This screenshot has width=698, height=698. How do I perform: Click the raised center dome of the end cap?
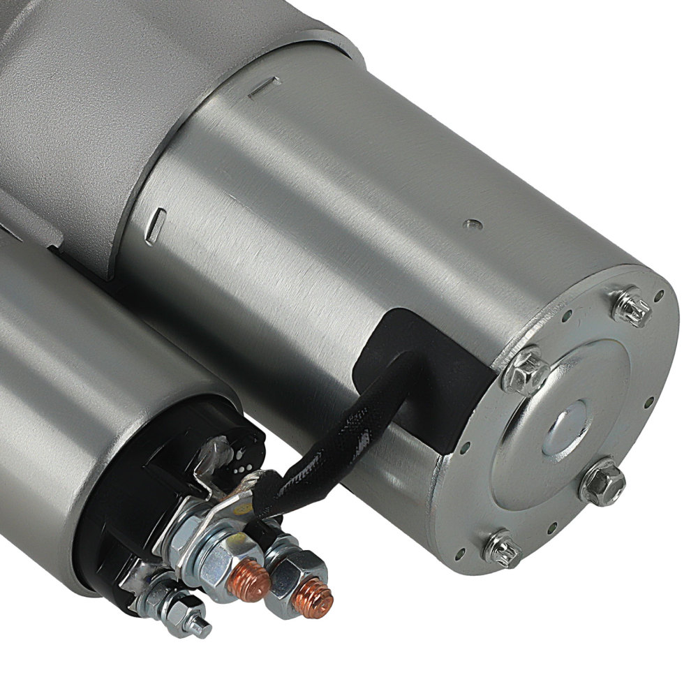point(567,422)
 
